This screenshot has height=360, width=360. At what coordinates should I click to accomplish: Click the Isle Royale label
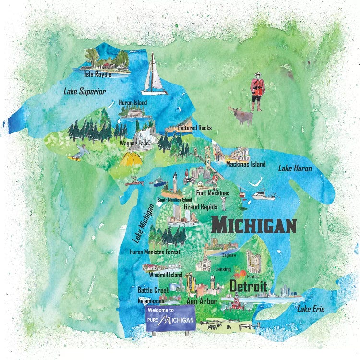[98, 74]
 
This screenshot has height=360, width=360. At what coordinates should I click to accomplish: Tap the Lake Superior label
[84, 91]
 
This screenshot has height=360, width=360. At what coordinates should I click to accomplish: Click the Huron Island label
[133, 102]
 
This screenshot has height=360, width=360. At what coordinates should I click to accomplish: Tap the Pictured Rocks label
[194, 128]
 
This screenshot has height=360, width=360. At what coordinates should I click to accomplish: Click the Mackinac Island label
[246, 164]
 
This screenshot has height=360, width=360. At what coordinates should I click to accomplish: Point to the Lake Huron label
[295, 168]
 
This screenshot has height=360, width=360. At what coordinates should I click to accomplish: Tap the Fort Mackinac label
[213, 193]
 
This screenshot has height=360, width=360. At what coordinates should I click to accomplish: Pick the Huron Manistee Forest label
[156, 251]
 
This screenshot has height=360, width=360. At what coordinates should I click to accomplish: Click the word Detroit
[248, 286]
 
